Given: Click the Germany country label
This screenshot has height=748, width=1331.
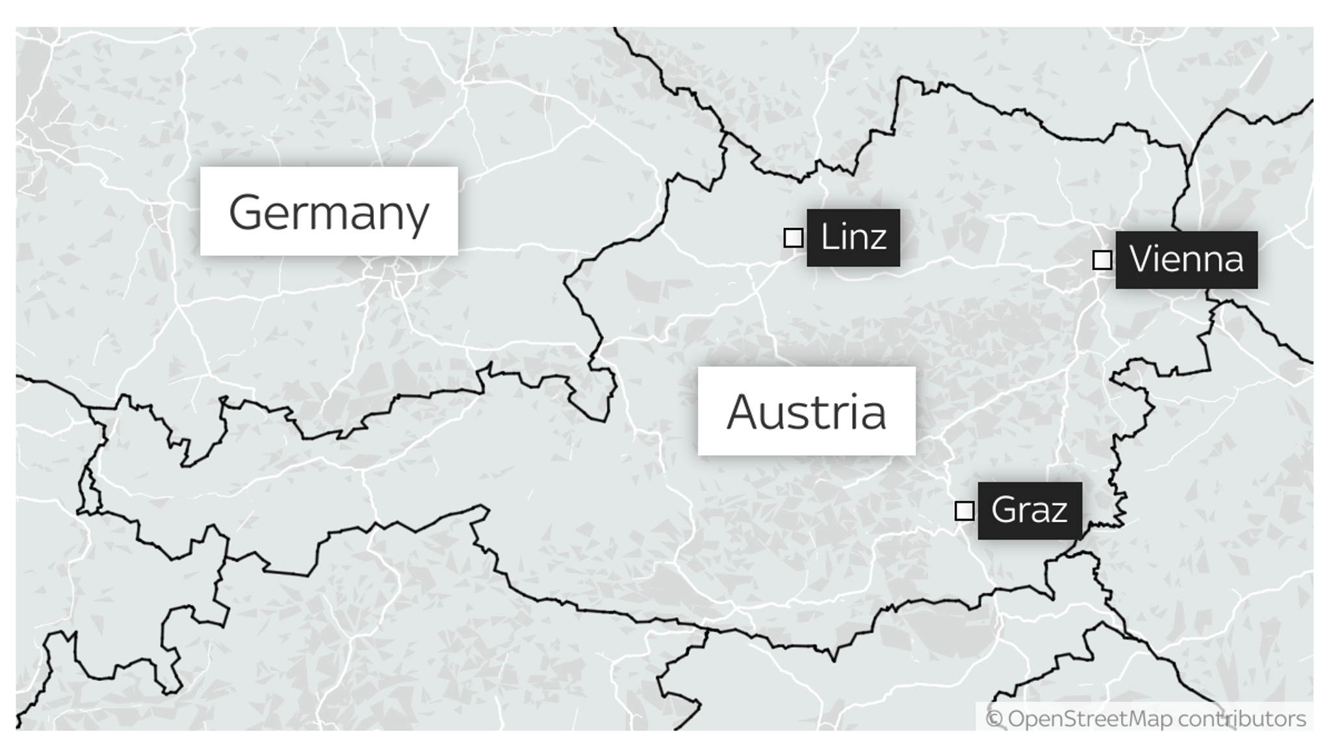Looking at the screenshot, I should click(328, 211).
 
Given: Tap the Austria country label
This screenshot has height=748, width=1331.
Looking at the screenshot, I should click(806, 411).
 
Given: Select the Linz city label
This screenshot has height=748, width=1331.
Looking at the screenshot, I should click(853, 238).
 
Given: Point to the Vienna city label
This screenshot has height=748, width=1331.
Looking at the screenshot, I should click(1186, 260).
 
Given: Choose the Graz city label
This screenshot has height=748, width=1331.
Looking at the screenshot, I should click(1029, 510).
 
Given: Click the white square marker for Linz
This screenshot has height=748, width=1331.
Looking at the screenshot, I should click(793, 238).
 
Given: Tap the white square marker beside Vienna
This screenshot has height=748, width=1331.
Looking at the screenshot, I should click(1102, 260).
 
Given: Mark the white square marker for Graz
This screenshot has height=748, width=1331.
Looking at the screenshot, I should click(964, 511).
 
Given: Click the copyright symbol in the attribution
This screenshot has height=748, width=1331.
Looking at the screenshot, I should click(994, 719).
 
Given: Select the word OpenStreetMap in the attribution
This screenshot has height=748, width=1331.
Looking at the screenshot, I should click(1090, 719).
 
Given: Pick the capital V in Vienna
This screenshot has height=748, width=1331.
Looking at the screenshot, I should click(1143, 259).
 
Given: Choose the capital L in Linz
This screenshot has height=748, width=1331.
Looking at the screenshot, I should click(829, 237).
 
